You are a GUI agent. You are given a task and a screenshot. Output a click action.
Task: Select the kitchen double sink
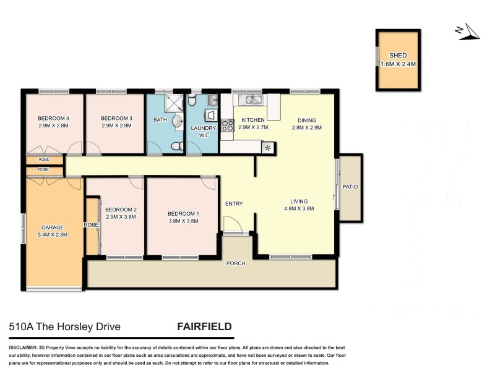coord(252,99)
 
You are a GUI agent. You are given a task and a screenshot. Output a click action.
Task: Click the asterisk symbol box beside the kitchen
coord(268,147)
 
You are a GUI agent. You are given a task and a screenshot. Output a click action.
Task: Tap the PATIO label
coord(350,187)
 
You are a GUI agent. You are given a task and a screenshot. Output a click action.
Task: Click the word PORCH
coord(236,263)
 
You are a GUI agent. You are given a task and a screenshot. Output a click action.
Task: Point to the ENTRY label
coord(234,204)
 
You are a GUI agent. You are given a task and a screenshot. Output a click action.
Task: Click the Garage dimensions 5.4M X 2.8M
coord(54,234)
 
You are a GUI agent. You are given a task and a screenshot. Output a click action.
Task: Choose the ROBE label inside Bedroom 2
coord(91,224)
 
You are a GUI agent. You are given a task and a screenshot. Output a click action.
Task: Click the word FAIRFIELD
coord(205,326)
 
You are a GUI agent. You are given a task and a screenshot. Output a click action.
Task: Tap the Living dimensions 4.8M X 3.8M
coord(299,208)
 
